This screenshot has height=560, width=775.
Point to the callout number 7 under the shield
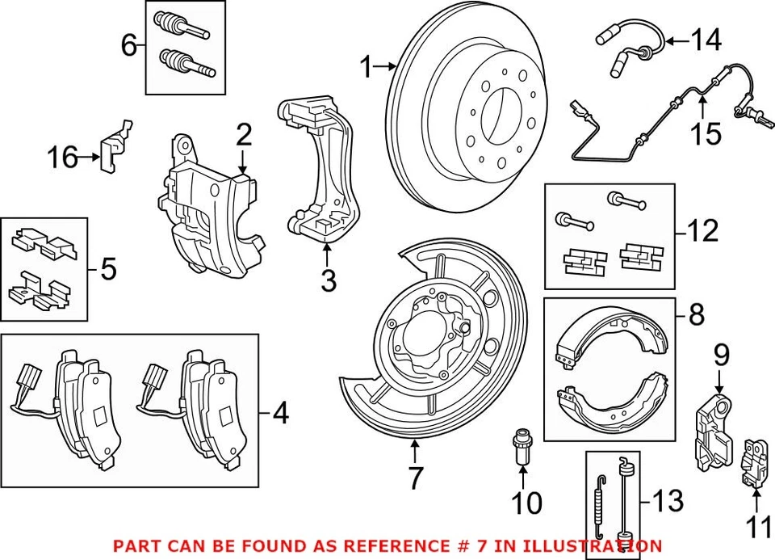[x=414, y=478]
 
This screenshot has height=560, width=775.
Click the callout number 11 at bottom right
[x=757, y=528]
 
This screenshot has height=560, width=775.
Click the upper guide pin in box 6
[x=185, y=23]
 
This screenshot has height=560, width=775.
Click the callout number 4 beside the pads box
[x=279, y=414]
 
